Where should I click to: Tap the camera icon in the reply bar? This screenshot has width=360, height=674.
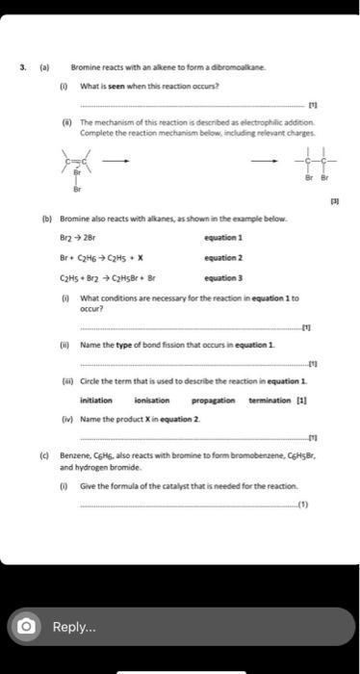[x=26, y=626]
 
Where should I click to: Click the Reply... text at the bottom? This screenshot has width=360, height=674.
[x=74, y=626]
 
